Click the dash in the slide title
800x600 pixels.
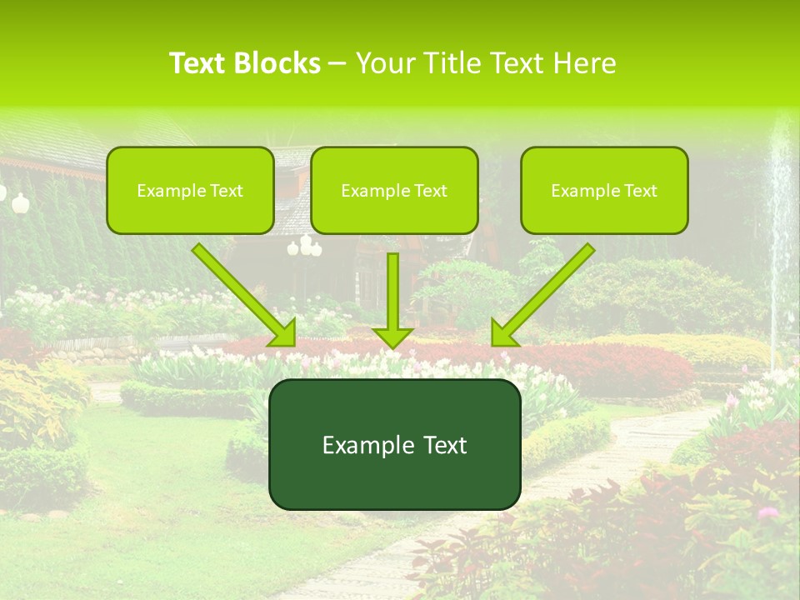337,64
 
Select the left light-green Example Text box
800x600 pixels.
190,191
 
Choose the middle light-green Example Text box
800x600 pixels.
394,191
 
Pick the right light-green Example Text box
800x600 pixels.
604,191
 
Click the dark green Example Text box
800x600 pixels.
394,444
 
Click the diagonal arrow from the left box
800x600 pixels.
242,292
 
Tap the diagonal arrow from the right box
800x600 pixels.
546,292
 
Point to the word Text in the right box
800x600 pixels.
641,191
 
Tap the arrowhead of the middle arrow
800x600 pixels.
393,336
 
